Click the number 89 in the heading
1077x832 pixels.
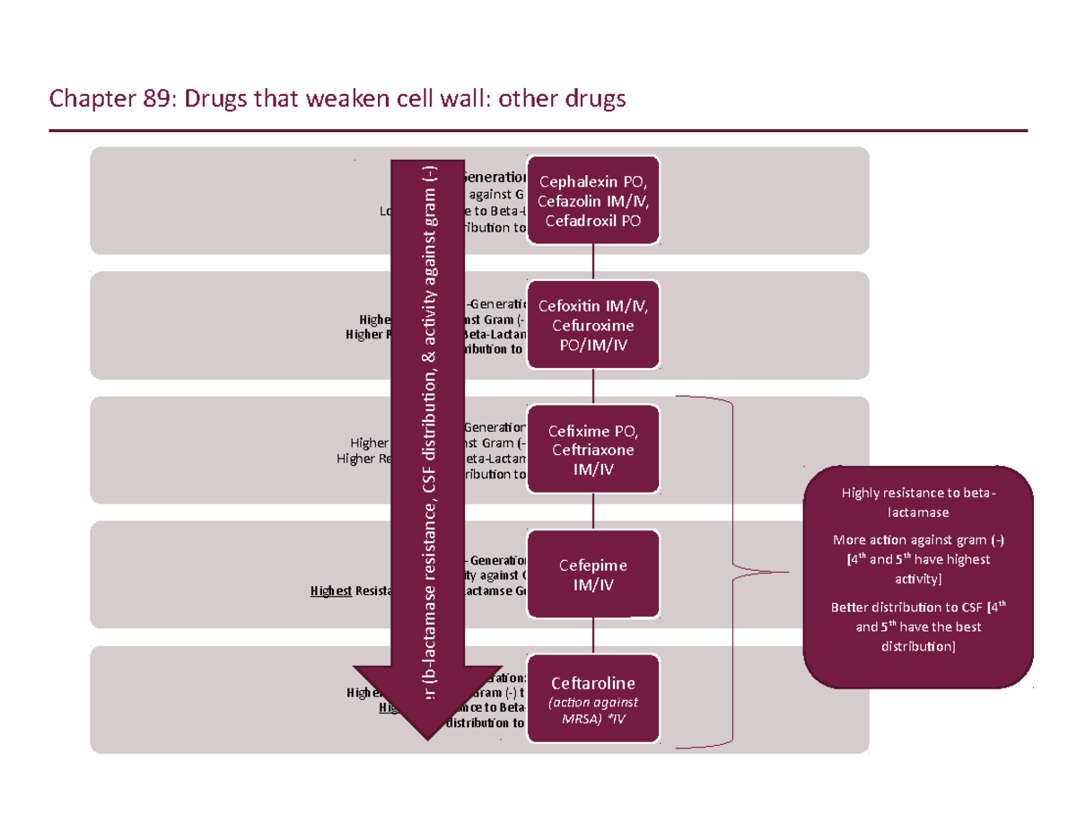click(151, 98)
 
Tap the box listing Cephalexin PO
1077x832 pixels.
click(593, 200)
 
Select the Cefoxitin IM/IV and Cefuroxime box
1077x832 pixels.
click(593, 324)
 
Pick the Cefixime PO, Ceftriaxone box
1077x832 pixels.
click(593, 449)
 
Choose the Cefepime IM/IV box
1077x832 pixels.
click(593, 574)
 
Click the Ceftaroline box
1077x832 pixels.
click(593, 699)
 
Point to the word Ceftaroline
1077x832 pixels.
click(593, 685)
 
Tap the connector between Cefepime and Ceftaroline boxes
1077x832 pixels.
click(593, 635)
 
